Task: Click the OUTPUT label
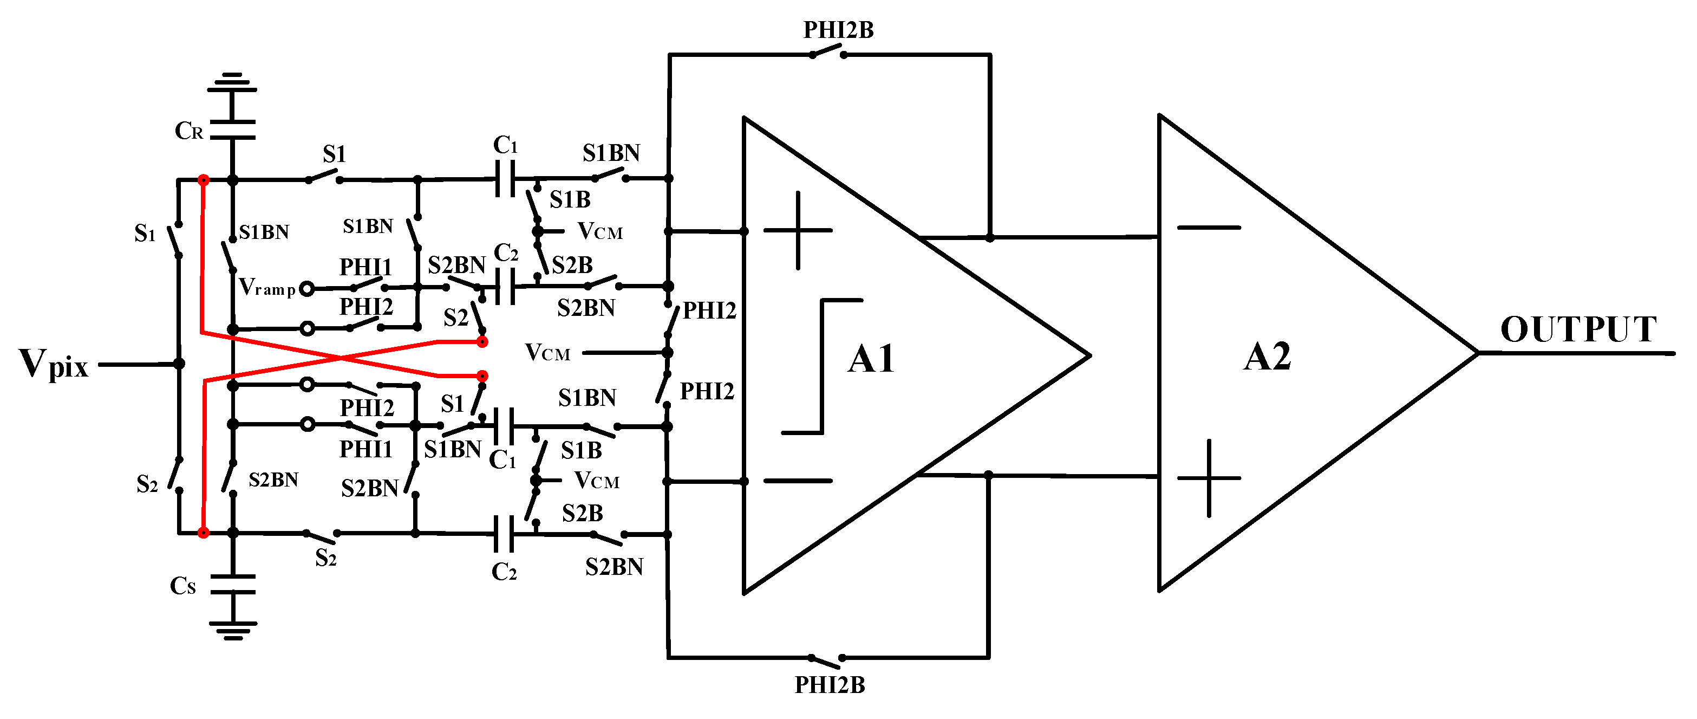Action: point(1578,329)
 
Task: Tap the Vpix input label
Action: point(53,365)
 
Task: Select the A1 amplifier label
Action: point(871,360)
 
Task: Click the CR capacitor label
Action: point(188,131)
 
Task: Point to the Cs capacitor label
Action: point(183,586)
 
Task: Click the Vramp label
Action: point(266,287)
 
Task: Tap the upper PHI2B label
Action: point(838,30)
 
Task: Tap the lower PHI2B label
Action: point(830,685)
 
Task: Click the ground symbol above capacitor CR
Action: point(232,83)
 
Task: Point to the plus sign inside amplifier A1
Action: point(798,231)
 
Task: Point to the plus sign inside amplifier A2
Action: point(1208,478)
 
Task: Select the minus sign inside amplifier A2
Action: point(1208,228)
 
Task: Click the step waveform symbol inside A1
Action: point(822,366)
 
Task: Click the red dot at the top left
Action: point(204,180)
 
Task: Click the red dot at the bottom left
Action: point(204,533)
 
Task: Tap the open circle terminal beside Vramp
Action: point(306,289)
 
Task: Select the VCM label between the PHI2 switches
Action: point(547,353)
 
